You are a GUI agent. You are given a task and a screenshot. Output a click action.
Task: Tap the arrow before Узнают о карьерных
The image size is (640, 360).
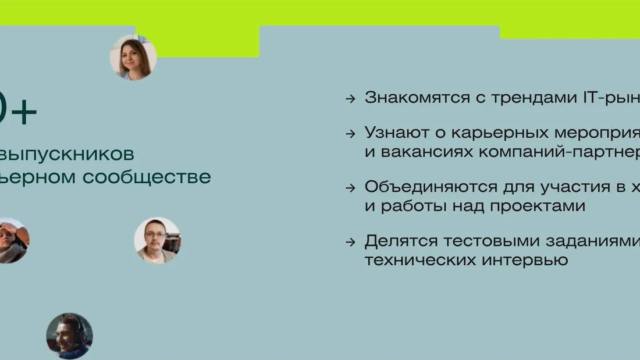(x=350, y=133)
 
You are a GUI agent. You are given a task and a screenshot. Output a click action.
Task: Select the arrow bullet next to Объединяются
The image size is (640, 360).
(x=350, y=188)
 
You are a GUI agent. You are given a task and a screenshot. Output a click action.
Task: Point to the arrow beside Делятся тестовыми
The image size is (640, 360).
(x=350, y=241)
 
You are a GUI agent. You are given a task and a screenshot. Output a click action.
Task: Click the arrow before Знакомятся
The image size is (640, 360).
(x=350, y=98)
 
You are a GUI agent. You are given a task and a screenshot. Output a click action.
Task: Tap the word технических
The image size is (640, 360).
(x=420, y=259)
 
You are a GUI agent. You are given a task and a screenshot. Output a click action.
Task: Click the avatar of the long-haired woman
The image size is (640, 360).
(x=133, y=57)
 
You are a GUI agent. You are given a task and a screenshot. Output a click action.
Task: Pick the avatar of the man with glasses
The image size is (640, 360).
(x=157, y=240)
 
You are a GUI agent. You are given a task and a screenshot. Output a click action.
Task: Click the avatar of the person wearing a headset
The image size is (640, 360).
(x=69, y=336)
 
